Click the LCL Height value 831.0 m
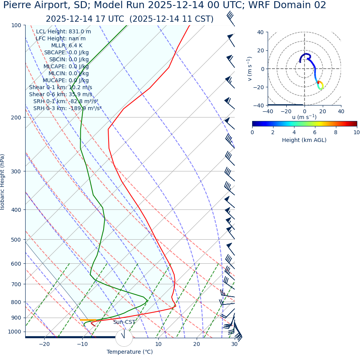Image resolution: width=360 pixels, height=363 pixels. coord(80,32)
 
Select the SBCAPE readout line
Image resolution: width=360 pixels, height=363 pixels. coord(66,53)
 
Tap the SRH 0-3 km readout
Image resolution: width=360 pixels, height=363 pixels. coord(67,109)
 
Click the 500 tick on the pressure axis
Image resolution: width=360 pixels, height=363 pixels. coord(16,240)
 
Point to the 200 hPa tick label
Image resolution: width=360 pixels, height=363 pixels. coord(16,118)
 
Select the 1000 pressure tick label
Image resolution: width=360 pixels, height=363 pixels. coord(14,332)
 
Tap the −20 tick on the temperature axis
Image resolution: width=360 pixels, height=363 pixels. coord(44,344)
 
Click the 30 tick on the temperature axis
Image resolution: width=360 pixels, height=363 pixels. coord(234,344)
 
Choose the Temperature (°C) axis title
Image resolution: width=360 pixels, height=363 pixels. coord(130,352)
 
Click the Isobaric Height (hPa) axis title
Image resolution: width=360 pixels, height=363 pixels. coord(3,182)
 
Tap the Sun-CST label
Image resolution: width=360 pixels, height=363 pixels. coord(124,322)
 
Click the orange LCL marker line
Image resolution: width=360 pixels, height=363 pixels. coord(88,320)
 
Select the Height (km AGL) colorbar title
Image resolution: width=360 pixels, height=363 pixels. coord(304,140)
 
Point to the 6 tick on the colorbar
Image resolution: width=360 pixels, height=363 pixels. coord(315,133)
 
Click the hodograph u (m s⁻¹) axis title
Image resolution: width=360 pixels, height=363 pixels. coord(304,117)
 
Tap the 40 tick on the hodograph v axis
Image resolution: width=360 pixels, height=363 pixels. coord(261,33)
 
